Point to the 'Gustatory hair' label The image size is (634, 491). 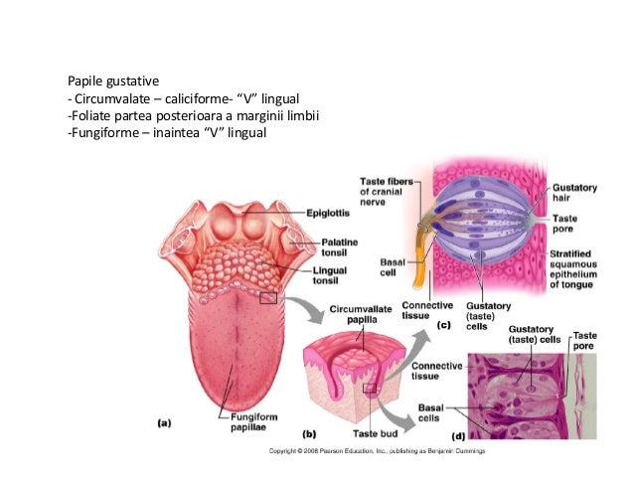pos(574,193)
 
